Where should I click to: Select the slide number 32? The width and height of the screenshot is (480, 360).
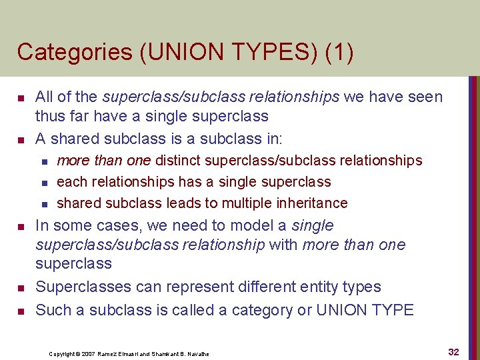pos(453,352)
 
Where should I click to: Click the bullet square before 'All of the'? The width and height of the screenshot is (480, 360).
pos(21,99)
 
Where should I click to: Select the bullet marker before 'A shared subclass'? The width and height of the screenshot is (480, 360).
pos(21,141)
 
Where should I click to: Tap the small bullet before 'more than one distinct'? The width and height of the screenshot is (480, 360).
pos(44,161)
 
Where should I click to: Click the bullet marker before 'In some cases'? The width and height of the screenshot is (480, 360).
pos(21,227)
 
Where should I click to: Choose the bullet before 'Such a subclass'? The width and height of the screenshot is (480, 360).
pos(21,311)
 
